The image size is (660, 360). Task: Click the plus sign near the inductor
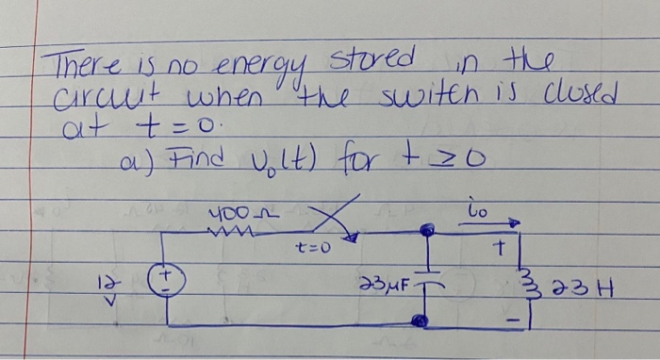click(x=504, y=250)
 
